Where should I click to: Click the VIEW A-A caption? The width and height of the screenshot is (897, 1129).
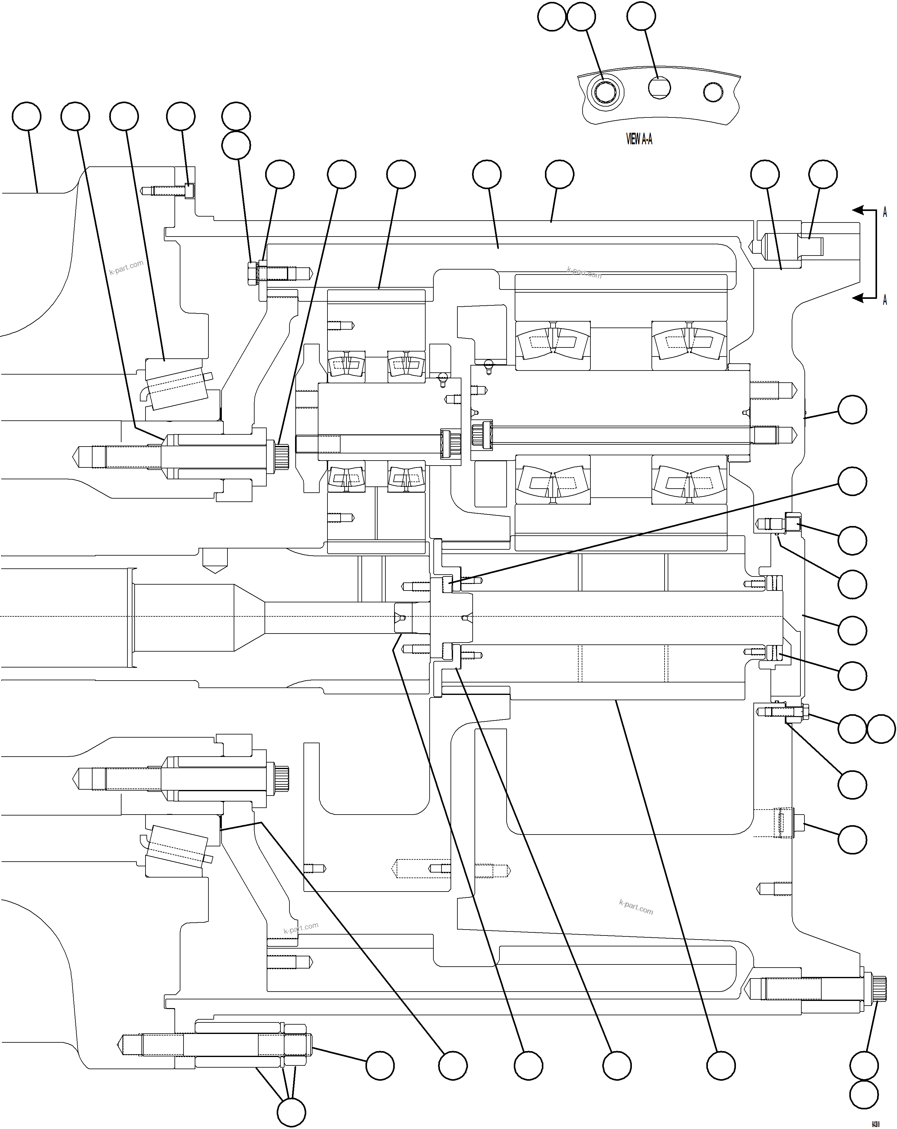point(639,139)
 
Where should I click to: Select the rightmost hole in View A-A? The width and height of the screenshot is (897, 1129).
point(713,92)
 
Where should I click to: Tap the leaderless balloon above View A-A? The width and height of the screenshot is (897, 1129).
point(551,17)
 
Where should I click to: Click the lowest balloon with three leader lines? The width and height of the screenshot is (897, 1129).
point(291,1112)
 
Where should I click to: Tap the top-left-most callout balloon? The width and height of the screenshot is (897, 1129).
point(26,116)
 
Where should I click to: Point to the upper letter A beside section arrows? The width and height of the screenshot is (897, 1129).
point(885,212)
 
